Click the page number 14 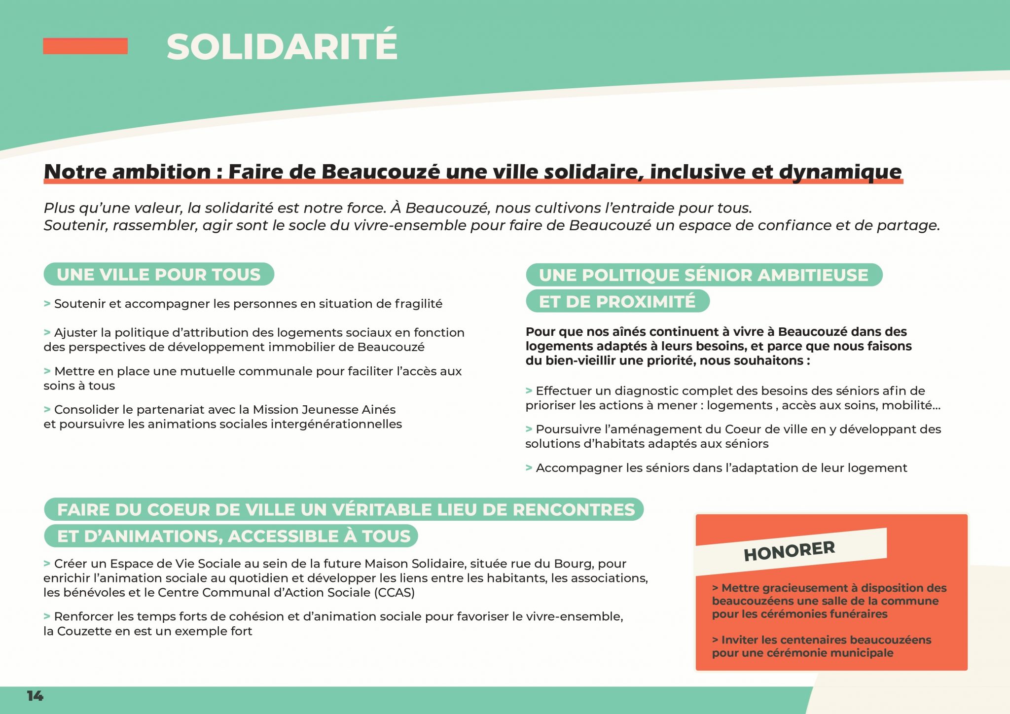click(x=35, y=696)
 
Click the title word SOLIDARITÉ click(x=282, y=47)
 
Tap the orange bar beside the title click(x=85, y=46)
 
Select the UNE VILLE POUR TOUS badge click(x=158, y=274)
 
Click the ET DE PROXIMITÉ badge click(x=617, y=301)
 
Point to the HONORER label click(x=789, y=551)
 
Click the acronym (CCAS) click(x=395, y=592)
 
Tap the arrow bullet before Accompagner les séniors click(x=529, y=467)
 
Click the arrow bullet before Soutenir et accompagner click(x=47, y=304)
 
